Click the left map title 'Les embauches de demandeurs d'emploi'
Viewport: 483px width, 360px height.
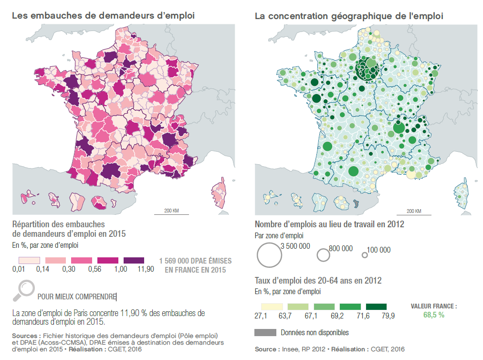pyautogui.click(x=103, y=16)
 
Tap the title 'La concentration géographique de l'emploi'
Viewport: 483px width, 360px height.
pyautogui.click(x=349, y=16)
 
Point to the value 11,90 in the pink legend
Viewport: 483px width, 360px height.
pyautogui.click(x=145, y=269)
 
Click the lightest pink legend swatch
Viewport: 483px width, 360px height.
pyautogui.click(x=29, y=260)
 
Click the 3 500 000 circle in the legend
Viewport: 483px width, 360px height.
pyautogui.click(x=268, y=254)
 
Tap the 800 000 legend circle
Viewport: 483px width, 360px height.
pyautogui.click(x=323, y=255)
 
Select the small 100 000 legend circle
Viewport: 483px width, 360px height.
pyautogui.click(x=365, y=255)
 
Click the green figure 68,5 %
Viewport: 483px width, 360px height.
pyautogui.click(x=434, y=315)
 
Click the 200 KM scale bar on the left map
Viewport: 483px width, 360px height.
pyautogui.click(x=171, y=213)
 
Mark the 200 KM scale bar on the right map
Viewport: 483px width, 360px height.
pyautogui.click(x=413, y=213)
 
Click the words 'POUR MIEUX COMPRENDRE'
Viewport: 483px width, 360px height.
pyautogui.click(x=76, y=296)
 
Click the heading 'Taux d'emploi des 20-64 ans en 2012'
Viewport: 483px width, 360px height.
pyautogui.click(x=318, y=280)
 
